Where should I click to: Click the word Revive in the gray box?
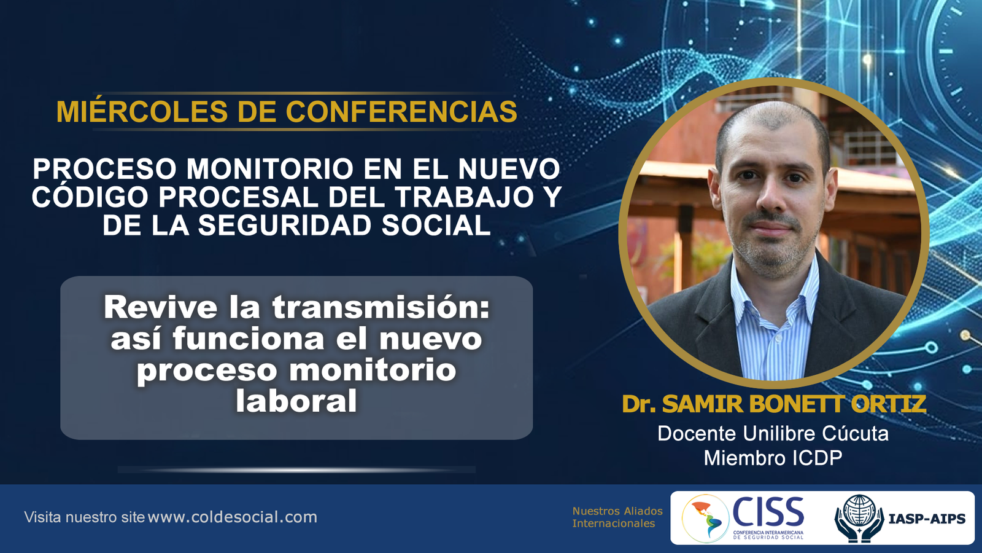[160, 308]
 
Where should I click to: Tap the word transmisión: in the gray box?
[381, 308]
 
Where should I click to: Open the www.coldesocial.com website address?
[233, 517]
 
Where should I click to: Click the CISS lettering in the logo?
[768, 512]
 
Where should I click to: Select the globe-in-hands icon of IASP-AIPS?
[859, 519]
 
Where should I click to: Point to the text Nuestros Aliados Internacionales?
[617, 517]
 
